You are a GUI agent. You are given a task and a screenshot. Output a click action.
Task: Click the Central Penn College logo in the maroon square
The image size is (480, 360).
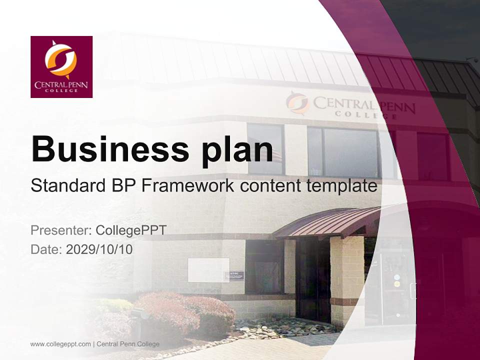(x=61, y=67)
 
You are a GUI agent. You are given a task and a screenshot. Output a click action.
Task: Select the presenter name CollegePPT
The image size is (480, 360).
(x=131, y=230)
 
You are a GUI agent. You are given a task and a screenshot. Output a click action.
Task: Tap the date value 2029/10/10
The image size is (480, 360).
(x=99, y=249)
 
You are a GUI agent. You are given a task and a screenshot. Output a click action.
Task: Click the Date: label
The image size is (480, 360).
(x=46, y=249)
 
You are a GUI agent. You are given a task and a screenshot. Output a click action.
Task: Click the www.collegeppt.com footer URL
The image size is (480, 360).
(x=60, y=344)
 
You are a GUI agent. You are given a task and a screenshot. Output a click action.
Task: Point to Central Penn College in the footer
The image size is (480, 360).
(x=128, y=344)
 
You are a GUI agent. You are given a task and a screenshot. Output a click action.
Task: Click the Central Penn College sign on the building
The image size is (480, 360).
(x=350, y=105)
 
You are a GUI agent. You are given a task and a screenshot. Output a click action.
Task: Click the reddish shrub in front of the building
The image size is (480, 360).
(x=185, y=312)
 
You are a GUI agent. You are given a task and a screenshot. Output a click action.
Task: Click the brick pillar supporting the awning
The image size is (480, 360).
(x=346, y=280)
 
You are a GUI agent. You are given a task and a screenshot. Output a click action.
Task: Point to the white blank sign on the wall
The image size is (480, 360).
(x=208, y=270)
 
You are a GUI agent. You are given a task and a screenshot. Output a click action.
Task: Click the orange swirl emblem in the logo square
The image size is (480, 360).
(x=61, y=59)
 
